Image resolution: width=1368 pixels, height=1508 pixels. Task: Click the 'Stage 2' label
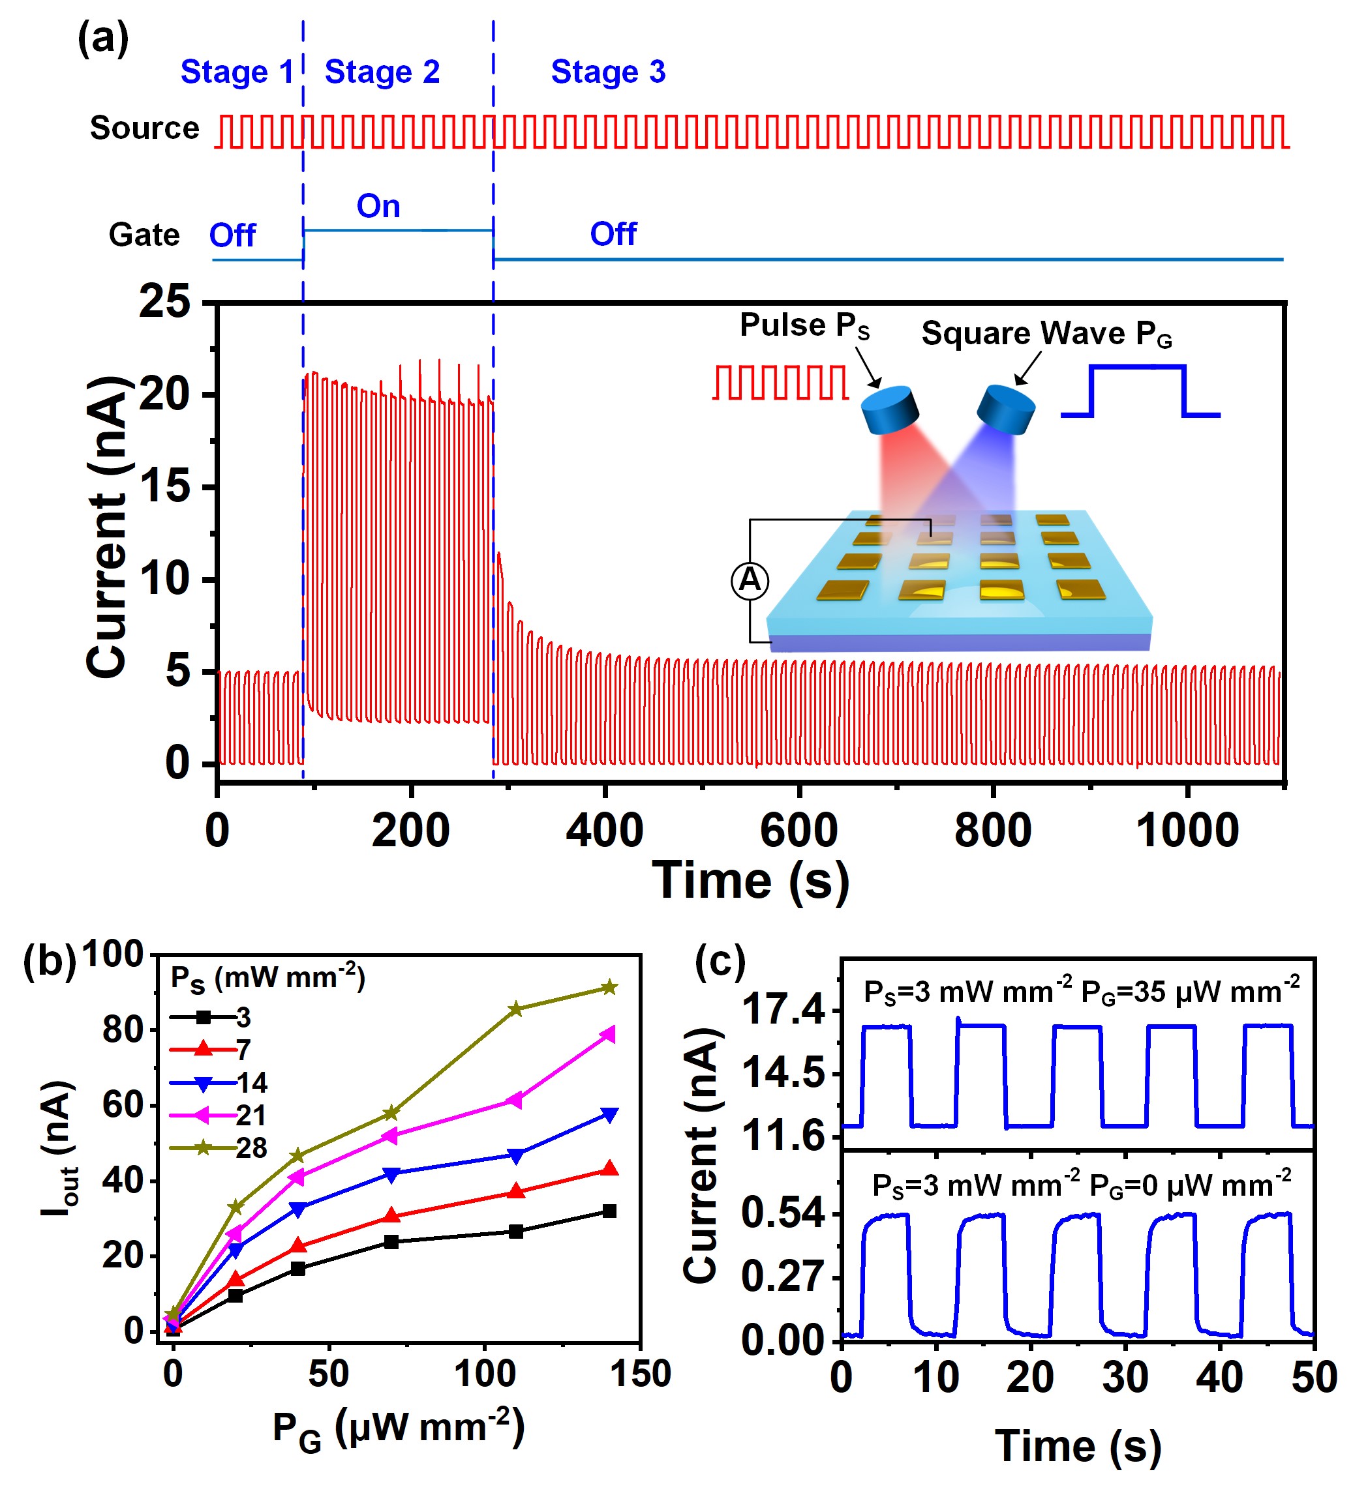382,72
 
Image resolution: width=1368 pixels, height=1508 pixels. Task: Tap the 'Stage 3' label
607,72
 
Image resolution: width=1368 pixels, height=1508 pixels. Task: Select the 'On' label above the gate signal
378,206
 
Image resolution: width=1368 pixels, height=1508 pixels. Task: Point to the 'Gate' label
144,235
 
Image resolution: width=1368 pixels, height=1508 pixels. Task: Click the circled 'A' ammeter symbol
749,580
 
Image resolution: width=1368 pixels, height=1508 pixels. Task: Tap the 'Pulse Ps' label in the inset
804,325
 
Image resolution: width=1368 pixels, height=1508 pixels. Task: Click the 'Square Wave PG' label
1046,334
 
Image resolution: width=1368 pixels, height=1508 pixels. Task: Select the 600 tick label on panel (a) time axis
798,831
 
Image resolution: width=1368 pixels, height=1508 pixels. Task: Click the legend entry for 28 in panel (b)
217,1147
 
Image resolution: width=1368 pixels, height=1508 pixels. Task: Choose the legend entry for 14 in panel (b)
217,1082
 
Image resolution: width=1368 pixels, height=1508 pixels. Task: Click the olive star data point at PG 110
515,1009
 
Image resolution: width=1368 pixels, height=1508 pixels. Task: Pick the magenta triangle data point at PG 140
609,1035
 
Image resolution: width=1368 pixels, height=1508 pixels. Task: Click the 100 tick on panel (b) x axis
485,1374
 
